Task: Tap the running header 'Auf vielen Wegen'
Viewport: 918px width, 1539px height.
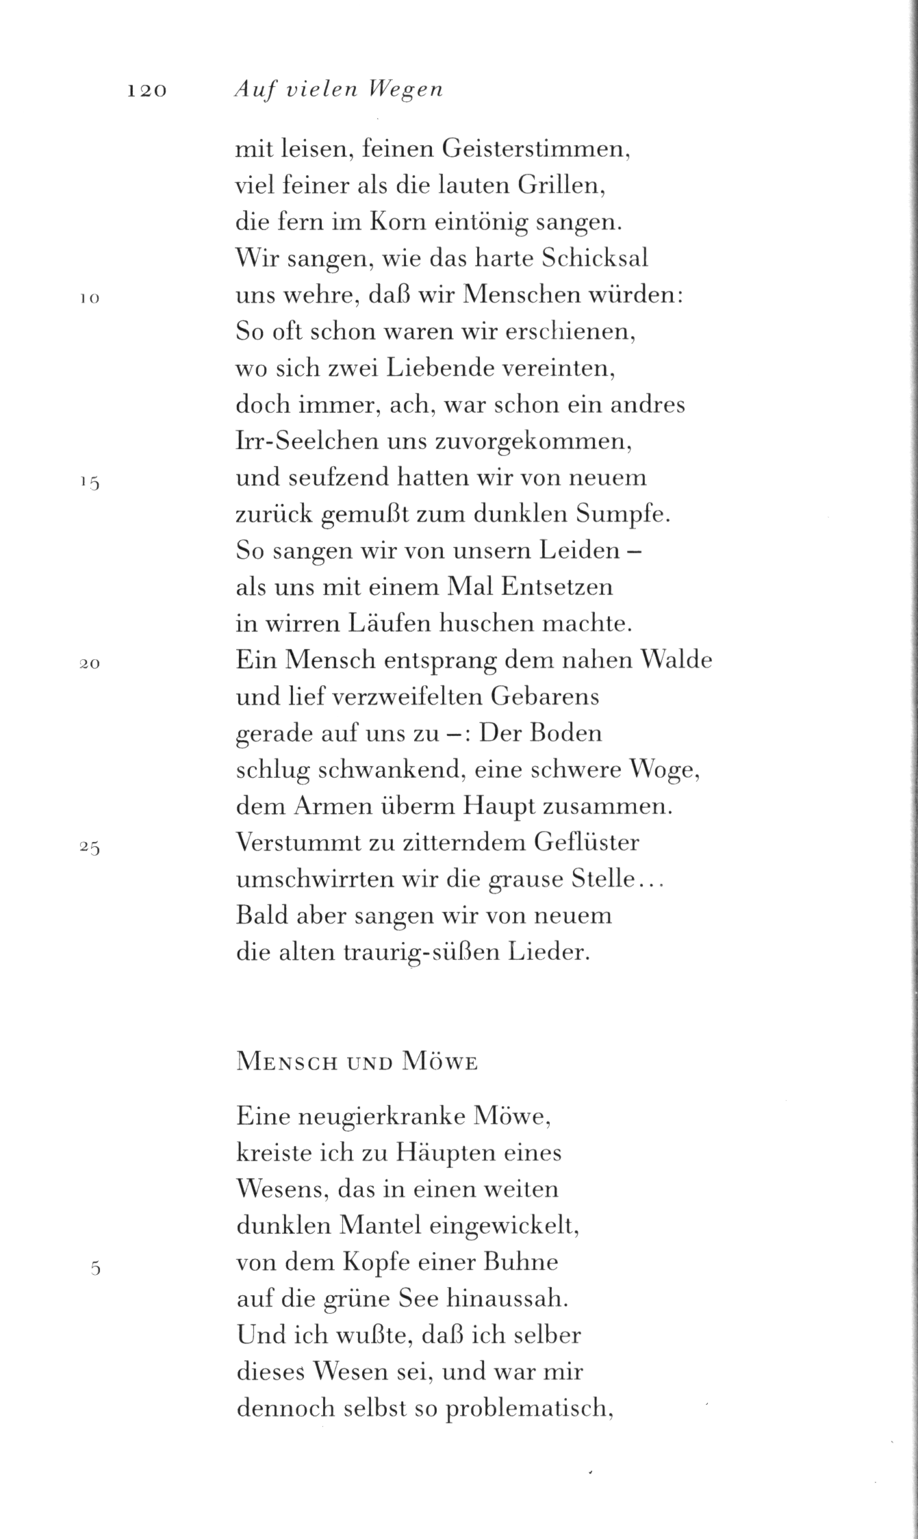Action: click(x=338, y=90)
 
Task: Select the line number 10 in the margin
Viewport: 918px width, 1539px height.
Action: click(x=89, y=298)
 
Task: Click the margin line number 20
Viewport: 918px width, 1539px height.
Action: click(x=89, y=663)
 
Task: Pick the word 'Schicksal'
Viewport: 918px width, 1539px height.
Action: click(x=594, y=259)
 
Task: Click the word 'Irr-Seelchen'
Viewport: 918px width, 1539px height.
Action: click(x=306, y=442)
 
